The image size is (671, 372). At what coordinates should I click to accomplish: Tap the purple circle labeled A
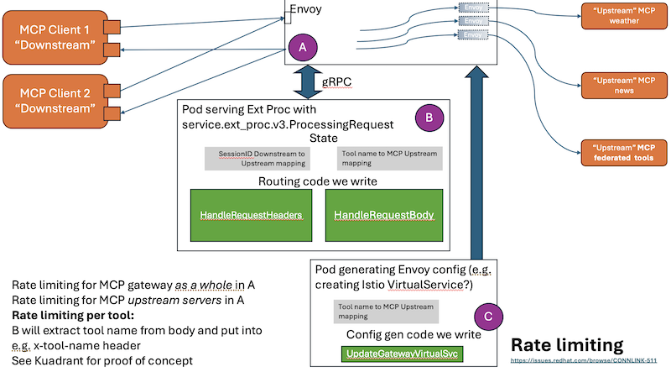click(x=302, y=48)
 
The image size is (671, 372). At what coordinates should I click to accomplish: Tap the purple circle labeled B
click(x=428, y=118)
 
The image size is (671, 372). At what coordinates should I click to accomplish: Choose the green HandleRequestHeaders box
click(x=252, y=216)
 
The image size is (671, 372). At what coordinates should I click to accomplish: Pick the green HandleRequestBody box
click(x=383, y=216)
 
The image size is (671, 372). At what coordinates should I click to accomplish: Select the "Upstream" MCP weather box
click(x=620, y=14)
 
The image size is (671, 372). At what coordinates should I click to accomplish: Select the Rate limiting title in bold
click(x=566, y=345)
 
